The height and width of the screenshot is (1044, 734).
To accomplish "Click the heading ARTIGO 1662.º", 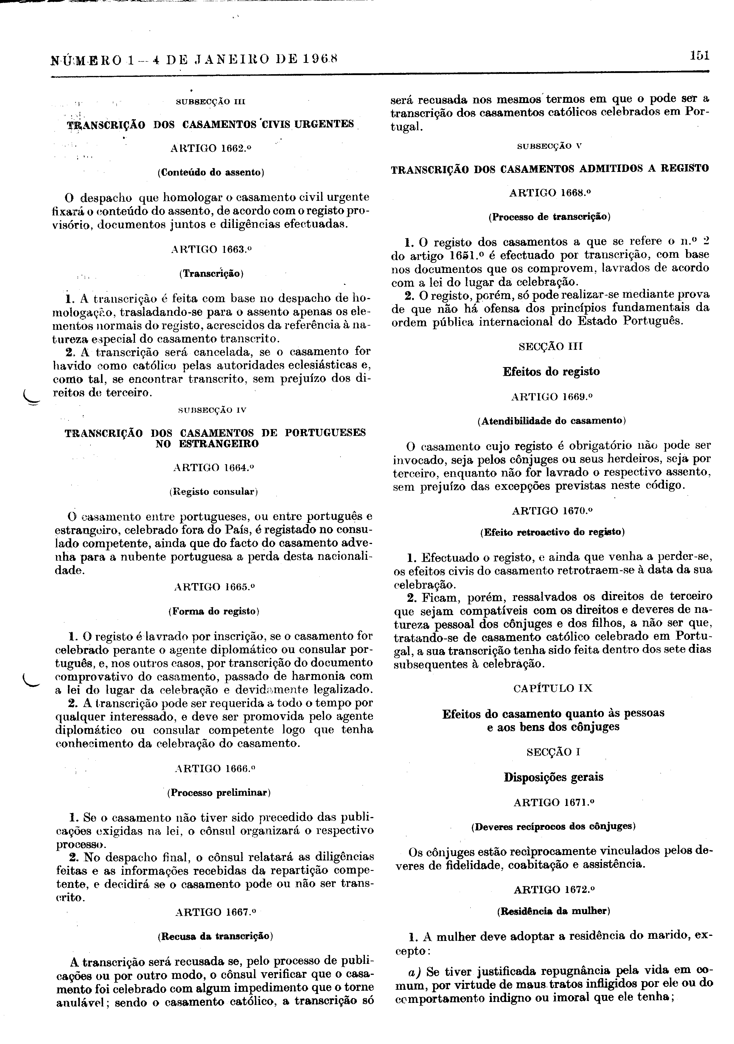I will pos(210,148).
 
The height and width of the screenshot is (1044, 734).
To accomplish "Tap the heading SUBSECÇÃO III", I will pos(210,101).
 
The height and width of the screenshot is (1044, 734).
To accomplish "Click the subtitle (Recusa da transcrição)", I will pos(215,936).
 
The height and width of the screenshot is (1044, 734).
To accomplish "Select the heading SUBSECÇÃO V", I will pos(550,146).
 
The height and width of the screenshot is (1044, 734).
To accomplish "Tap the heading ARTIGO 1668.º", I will pos(550,192).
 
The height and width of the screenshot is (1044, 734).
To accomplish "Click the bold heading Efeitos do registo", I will pos(551,372).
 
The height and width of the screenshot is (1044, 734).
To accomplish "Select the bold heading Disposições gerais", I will pos(553,777).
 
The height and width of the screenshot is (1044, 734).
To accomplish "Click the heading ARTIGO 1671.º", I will pos(553,803).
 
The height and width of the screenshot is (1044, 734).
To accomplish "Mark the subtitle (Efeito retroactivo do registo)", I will pos(552,532).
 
